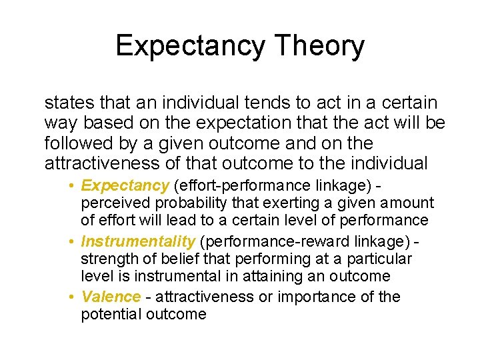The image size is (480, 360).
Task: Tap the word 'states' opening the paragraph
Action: click(x=68, y=103)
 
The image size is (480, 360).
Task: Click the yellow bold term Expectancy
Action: click(x=126, y=185)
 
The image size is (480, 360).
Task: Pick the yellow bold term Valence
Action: click(x=111, y=296)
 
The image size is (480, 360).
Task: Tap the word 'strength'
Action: click(x=107, y=258)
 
